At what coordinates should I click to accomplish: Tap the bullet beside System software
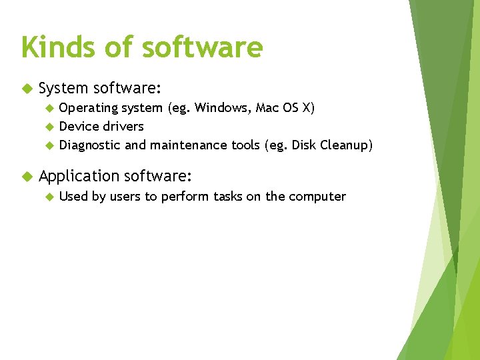click(27, 88)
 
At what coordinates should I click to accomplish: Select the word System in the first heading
click(63, 88)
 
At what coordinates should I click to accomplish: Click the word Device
click(79, 127)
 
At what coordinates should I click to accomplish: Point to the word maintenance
click(189, 145)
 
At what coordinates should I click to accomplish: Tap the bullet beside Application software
click(27, 176)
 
